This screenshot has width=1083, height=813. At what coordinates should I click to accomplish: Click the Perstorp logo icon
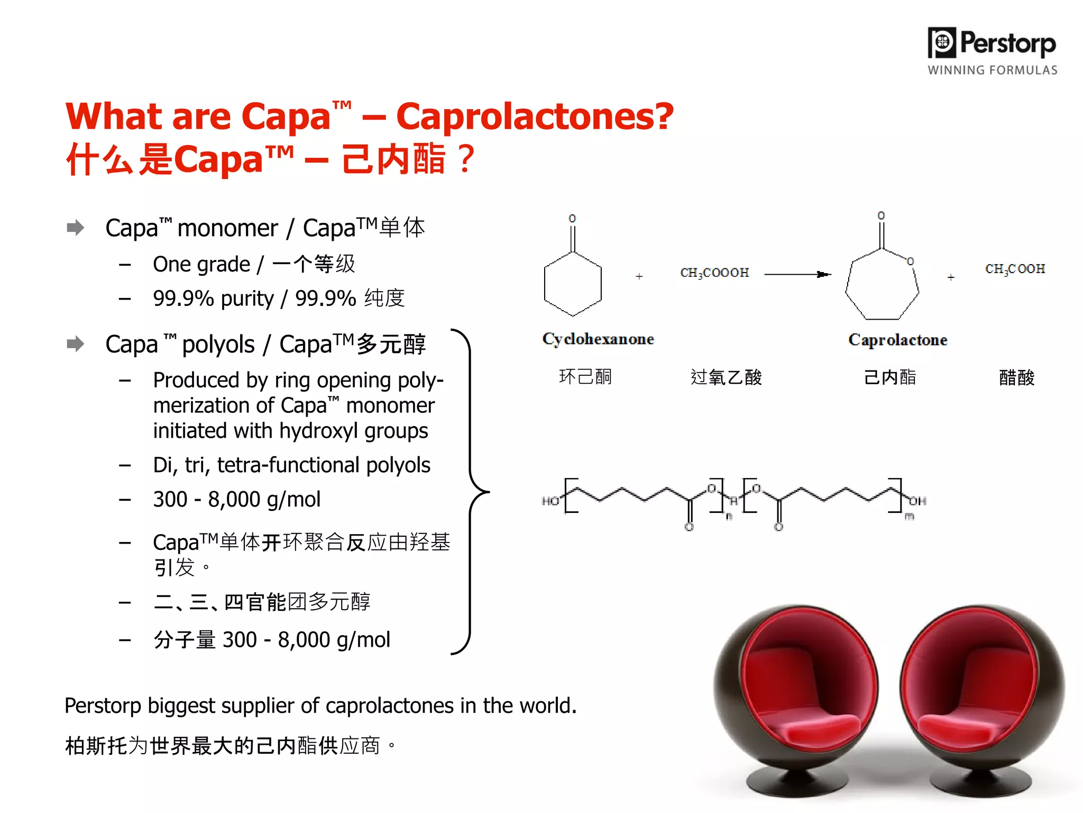click(942, 42)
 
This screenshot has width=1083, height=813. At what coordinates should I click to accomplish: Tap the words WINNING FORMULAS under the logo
click(992, 70)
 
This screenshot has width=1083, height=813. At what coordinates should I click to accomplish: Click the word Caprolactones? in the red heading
click(535, 116)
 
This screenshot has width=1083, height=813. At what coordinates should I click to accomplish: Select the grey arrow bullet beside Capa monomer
click(76, 228)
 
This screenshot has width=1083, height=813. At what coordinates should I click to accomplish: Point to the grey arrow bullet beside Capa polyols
click(76, 344)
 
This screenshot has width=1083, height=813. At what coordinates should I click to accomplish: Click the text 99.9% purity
click(213, 299)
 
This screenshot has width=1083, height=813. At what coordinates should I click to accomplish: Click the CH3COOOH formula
click(714, 273)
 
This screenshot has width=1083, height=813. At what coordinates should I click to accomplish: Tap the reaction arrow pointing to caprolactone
click(797, 274)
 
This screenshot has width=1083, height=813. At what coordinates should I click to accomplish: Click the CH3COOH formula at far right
click(1015, 269)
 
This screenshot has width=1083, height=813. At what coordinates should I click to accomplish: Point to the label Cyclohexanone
click(598, 339)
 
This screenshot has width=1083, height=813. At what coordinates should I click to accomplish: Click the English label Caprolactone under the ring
click(897, 340)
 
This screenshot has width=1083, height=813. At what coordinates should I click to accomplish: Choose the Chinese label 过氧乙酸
click(726, 377)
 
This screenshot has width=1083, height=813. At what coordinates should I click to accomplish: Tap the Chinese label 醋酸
click(1016, 378)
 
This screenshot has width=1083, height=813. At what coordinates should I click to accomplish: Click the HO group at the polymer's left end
click(550, 501)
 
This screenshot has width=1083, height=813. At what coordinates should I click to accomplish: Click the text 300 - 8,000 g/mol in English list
click(236, 499)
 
